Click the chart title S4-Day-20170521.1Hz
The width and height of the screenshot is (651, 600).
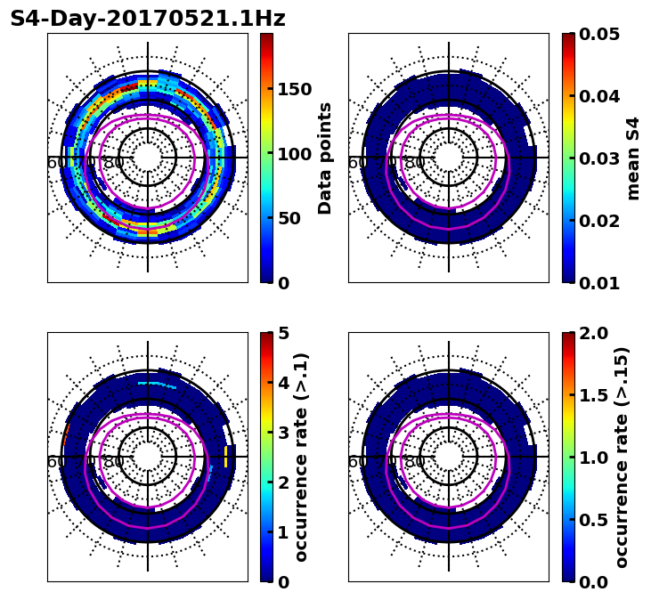pyautogui.click(x=148, y=19)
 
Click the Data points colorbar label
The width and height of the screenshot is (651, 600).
pyautogui.click(x=325, y=158)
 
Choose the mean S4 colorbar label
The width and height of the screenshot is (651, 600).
pyautogui.click(x=633, y=158)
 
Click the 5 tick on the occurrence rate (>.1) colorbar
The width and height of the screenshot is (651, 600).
pyautogui.click(x=283, y=333)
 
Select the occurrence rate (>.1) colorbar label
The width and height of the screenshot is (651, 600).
pyautogui.click(x=302, y=457)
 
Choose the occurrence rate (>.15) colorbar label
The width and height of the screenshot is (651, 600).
pyautogui.click(x=622, y=457)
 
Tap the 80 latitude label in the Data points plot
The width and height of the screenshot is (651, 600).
pyautogui.click(x=114, y=163)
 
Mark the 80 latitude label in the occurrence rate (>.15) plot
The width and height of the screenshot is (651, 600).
pyautogui.click(x=415, y=462)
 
